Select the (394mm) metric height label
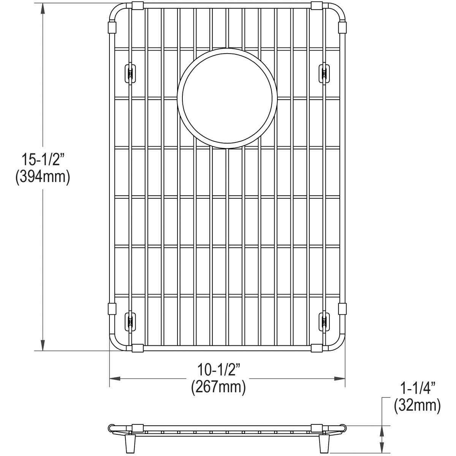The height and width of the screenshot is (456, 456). (x=42, y=177)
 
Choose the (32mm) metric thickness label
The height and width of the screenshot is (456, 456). (x=417, y=405)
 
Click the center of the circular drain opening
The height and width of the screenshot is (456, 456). (x=227, y=98)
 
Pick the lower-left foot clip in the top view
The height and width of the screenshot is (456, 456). (x=130, y=321)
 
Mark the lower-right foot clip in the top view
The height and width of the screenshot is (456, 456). (x=324, y=321)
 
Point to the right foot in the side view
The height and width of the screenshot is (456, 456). (x=325, y=443)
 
